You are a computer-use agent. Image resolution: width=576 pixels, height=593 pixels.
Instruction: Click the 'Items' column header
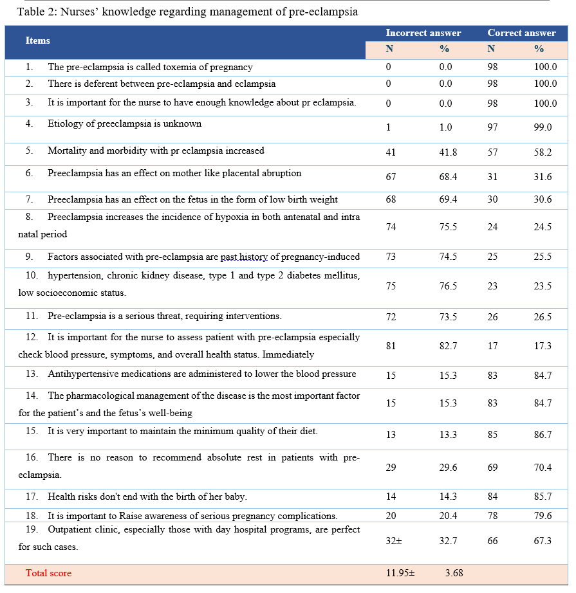37,41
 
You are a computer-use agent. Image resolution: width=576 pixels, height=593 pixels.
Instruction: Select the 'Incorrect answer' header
423,33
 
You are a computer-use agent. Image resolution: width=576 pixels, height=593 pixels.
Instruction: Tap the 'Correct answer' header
521,33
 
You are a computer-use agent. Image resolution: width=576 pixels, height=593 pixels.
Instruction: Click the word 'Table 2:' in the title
37,12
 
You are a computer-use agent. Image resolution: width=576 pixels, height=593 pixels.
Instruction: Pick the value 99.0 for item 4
544,127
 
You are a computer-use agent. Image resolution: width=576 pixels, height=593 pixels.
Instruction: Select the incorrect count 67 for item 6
391,177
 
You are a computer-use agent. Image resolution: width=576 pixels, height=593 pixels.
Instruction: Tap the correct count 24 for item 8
492,227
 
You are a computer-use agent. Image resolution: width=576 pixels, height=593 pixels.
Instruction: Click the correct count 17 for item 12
492,346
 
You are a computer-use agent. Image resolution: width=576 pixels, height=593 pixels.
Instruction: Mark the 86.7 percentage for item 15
544,435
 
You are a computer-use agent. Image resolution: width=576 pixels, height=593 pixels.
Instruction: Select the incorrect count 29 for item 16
391,468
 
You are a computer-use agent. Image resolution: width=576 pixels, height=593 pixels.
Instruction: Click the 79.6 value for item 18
544,516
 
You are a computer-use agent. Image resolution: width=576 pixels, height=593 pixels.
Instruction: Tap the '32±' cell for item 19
393,541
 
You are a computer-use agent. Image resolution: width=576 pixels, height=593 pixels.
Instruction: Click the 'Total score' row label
48,573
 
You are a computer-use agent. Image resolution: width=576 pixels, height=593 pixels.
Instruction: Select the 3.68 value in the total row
454,573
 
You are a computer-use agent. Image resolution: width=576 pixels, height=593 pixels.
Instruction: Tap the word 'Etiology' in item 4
63,123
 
